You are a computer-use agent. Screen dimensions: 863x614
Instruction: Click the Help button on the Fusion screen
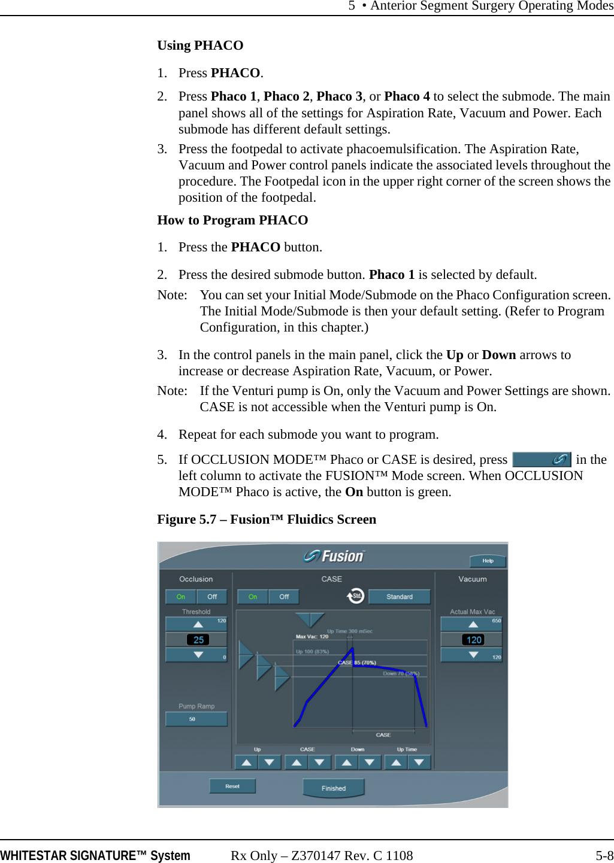[x=488, y=561]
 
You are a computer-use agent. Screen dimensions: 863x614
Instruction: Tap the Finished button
[x=334, y=788]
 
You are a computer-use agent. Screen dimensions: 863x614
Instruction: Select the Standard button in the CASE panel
[x=399, y=597]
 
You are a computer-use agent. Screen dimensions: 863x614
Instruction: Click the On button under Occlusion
[x=181, y=597]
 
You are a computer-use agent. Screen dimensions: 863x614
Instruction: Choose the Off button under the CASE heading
[x=284, y=597]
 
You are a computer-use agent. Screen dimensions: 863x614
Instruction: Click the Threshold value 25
[x=198, y=640]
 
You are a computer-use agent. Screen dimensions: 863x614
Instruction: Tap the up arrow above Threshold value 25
[x=198, y=624]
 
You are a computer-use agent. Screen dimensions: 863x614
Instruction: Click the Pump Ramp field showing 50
[x=196, y=719]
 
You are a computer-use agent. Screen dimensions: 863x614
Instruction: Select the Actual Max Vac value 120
[x=473, y=640]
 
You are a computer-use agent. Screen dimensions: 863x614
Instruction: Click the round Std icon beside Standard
[x=356, y=596]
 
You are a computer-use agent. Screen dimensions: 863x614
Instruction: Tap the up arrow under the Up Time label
[x=396, y=762]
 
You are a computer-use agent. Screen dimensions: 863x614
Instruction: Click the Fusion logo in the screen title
[x=334, y=556]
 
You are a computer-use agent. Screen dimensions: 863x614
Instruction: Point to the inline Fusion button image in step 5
[x=542, y=460]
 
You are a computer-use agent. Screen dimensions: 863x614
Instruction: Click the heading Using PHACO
[x=200, y=45]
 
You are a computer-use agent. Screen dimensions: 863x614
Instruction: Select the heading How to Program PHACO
[x=232, y=220]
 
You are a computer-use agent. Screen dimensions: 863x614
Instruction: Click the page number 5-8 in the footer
[x=604, y=856]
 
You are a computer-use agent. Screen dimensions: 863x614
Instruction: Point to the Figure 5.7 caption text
[x=267, y=519]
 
